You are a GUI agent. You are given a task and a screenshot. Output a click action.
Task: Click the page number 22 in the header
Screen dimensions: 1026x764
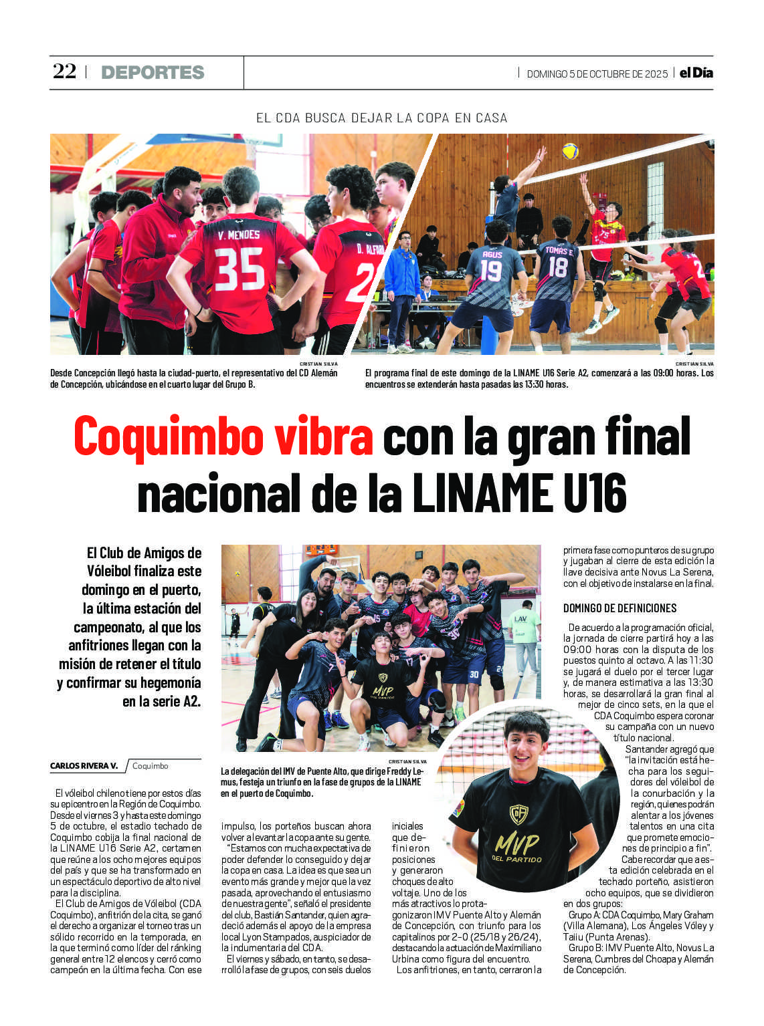pos(65,72)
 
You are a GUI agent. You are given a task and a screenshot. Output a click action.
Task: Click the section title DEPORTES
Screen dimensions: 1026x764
pos(153,72)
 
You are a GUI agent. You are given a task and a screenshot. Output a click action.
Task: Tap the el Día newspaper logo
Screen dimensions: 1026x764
pos(696,73)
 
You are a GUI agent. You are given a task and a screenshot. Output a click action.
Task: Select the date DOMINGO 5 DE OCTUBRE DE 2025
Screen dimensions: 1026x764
pos(597,74)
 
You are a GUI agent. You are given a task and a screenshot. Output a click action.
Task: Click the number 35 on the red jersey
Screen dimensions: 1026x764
pos(240,269)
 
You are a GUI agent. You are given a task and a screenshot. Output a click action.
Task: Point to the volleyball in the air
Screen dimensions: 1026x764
pos(570,151)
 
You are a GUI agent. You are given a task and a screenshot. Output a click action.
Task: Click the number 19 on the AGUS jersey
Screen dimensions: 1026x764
pos(491,270)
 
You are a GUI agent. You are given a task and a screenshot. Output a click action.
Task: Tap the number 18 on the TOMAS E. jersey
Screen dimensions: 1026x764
pos(557,267)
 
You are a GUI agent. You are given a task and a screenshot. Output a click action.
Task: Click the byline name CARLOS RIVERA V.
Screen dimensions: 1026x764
pos(84,766)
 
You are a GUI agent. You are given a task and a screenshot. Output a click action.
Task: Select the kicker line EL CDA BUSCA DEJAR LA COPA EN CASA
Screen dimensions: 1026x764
pos(381,118)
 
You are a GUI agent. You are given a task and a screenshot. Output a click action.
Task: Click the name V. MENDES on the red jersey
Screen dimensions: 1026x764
pos(239,235)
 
